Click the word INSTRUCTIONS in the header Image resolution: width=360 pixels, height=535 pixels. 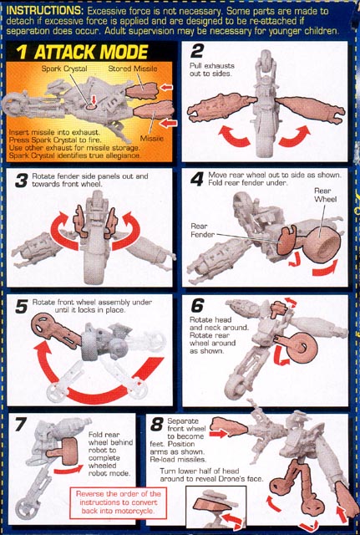point(44,10)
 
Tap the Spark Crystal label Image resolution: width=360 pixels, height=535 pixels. point(64,69)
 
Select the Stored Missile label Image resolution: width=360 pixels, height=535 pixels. point(133,69)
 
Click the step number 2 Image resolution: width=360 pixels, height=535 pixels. point(197,51)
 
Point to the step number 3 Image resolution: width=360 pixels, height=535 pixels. point(22,181)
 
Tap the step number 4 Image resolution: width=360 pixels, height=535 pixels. point(197,179)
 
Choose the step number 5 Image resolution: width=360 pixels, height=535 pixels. point(21,307)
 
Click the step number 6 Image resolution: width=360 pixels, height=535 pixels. point(197,305)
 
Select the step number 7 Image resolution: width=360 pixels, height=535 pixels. point(21,425)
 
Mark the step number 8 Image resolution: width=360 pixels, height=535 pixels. point(157,425)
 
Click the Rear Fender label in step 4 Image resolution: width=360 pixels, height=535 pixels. point(202,231)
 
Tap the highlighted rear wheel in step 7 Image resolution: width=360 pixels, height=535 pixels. point(66,451)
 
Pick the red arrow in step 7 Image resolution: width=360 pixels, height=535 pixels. point(68,470)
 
